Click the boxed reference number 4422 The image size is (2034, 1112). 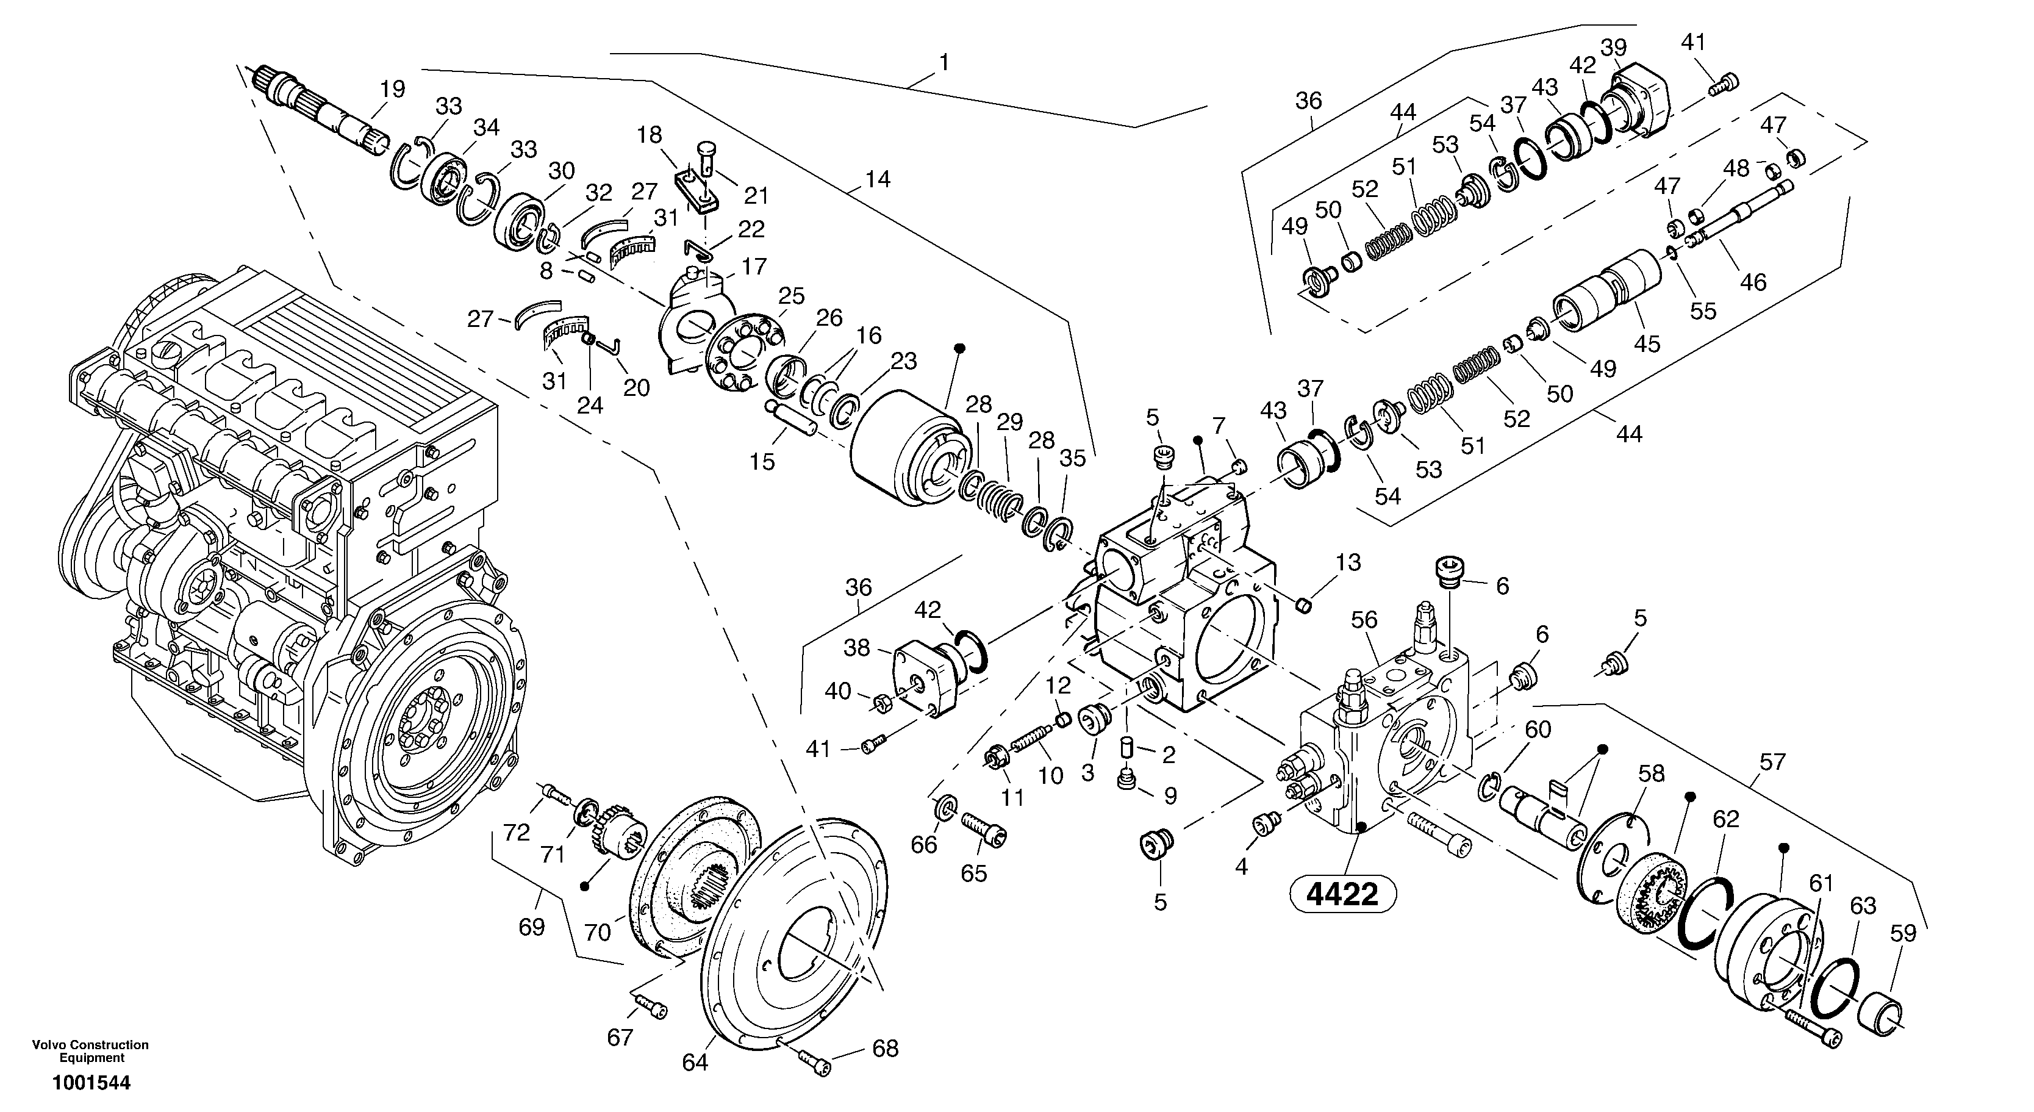pos(1342,895)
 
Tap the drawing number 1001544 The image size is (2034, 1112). pos(91,1083)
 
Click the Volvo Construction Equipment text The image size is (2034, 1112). pos(90,1051)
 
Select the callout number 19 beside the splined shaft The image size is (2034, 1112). pos(392,89)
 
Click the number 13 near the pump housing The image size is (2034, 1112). pos(1348,563)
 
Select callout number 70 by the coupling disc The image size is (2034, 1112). pos(598,933)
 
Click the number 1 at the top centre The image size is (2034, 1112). pos(944,62)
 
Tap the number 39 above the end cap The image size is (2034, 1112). pos(1614,48)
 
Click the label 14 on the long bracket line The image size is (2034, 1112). pos(877,179)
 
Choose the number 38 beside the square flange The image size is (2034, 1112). pos(857,648)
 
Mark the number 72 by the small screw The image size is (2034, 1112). pos(517,833)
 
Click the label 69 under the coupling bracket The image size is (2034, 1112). pos(531,927)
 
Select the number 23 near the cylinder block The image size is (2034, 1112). pos(904,362)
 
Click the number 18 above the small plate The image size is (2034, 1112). pos(650,135)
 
